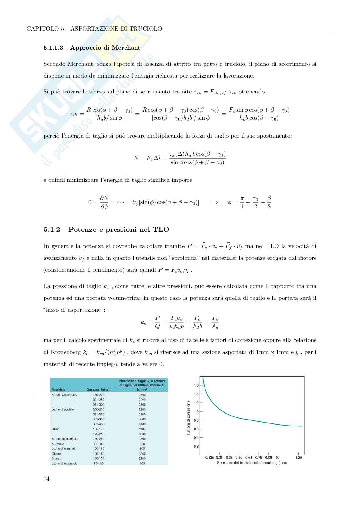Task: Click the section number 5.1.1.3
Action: click(54, 48)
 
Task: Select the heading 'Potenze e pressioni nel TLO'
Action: click(119, 230)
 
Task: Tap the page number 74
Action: click(46, 479)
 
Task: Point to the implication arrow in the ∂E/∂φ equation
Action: click(213, 202)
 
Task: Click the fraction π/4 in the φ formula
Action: click(242, 202)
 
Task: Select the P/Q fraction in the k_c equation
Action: click(157, 322)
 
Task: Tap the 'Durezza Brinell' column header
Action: click(99, 390)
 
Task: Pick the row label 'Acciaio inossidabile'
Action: click(65, 439)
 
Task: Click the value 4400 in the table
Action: click(142, 424)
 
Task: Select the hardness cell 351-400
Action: click(98, 424)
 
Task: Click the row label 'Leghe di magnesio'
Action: click(64, 464)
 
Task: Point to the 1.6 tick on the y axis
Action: click(196, 385)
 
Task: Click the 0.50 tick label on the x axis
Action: click(239, 457)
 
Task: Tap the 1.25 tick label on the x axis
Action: click(298, 457)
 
